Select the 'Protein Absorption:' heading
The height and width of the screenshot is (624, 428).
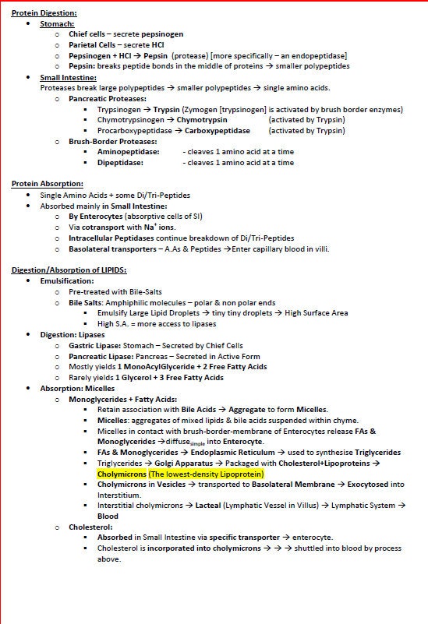coord(41,183)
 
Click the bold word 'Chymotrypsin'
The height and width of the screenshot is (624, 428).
coord(202,120)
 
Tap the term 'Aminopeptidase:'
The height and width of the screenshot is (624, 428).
coord(128,152)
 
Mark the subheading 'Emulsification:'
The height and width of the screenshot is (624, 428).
coord(67,280)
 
